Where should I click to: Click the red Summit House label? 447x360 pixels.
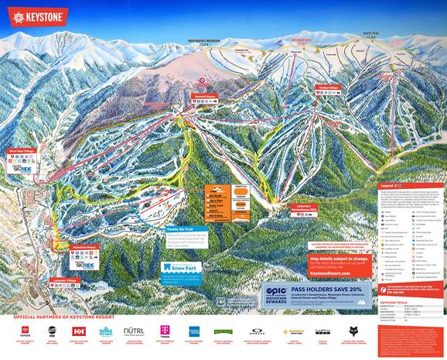[205, 97]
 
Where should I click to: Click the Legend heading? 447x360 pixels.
[387, 186]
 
